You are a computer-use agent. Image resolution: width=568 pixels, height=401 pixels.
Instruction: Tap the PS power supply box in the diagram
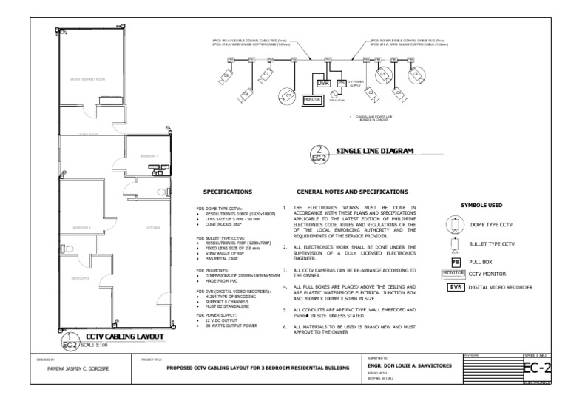click(x=340, y=83)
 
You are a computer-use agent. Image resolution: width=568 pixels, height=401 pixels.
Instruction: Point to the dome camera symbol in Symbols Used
click(x=456, y=224)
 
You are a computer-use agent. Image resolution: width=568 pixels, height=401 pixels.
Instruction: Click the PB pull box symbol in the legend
click(x=456, y=261)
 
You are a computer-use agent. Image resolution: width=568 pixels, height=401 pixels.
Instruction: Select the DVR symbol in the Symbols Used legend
click(x=456, y=286)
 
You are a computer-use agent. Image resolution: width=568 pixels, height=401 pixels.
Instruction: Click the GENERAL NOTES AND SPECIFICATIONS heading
click(x=351, y=191)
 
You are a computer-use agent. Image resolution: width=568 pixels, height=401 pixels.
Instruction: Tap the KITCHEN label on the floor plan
click(x=153, y=227)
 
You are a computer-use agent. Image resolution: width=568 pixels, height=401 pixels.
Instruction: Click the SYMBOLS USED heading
click(x=481, y=204)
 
